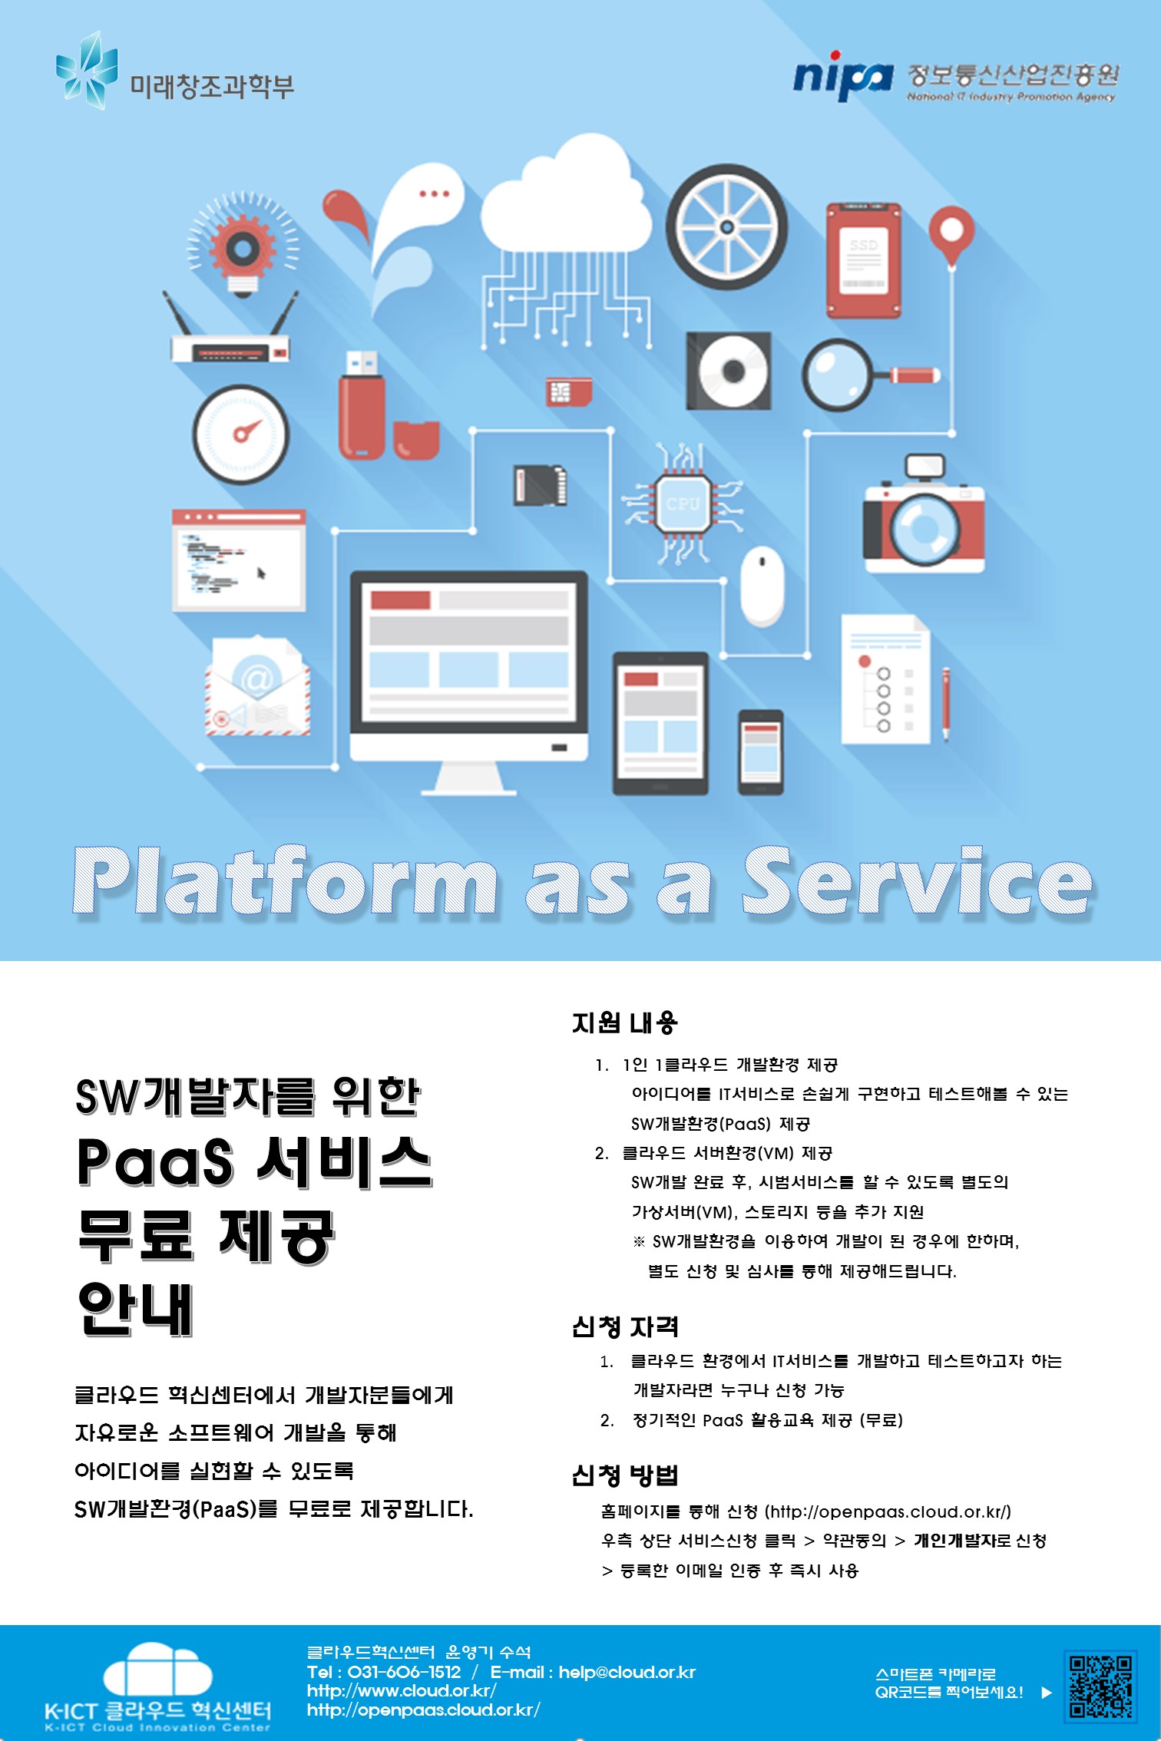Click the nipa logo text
(x=842, y=77)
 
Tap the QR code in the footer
(x=1100, y=1686)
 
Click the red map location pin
(x=951, y=236)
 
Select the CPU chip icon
(x=683, y=504)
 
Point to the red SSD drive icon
(x=863, y=259)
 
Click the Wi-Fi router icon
(x=230, y=330)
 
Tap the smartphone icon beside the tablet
(x=760, y=752)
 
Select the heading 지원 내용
(x=624, y=1022)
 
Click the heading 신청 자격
(x=624, y=1326)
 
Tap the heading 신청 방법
(x=624, y=1475)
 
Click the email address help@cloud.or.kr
(x=627, y=1672)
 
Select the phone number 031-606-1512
(x=404, y=1672)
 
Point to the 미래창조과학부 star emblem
(x=87, y=71)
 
